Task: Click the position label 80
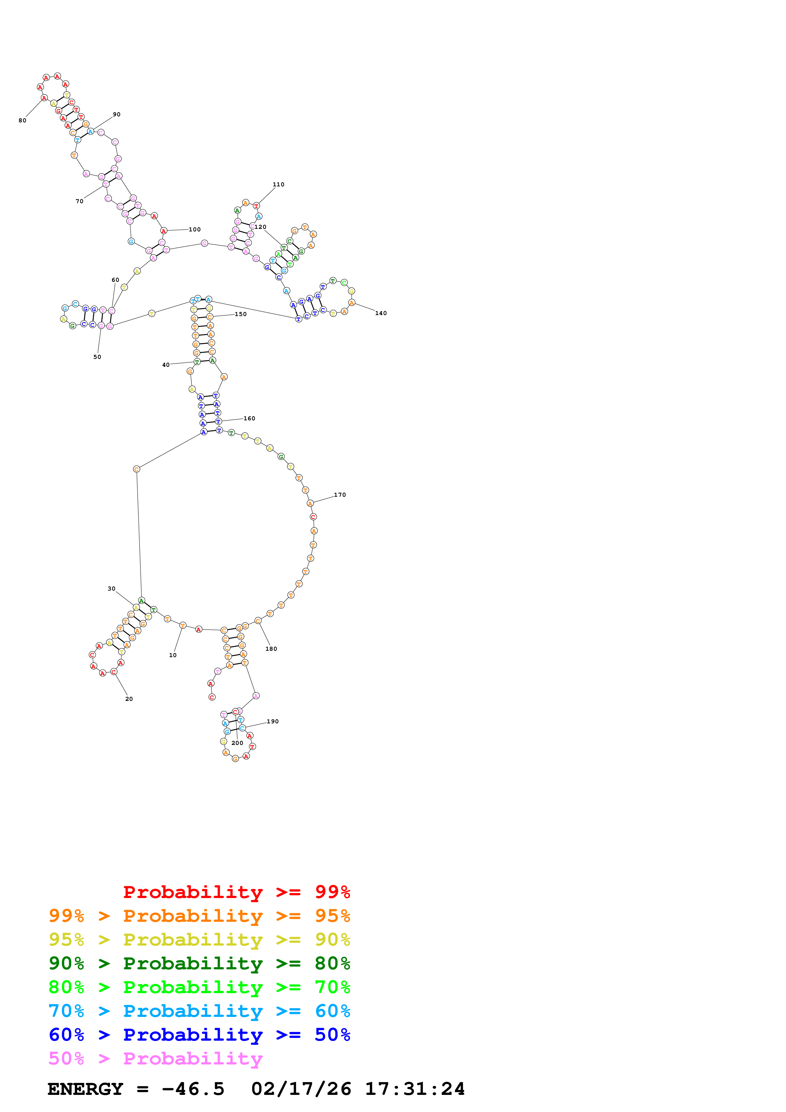(22, 120)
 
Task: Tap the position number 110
(278, 184)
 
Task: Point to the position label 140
(381, 314)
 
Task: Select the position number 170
(340, 495)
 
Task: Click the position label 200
(237, 743)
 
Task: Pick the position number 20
(129, 699)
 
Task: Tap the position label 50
(97, 357)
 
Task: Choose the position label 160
(250, 418)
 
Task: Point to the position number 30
(111, 589)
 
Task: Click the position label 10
(173, 655)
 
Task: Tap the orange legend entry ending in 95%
(199, 916)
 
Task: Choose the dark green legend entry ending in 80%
(199, 963)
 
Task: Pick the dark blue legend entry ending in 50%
(199, 1035)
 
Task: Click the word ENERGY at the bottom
(85, 1089)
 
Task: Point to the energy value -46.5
(193, 1089)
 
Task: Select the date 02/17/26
(301, 1089)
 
